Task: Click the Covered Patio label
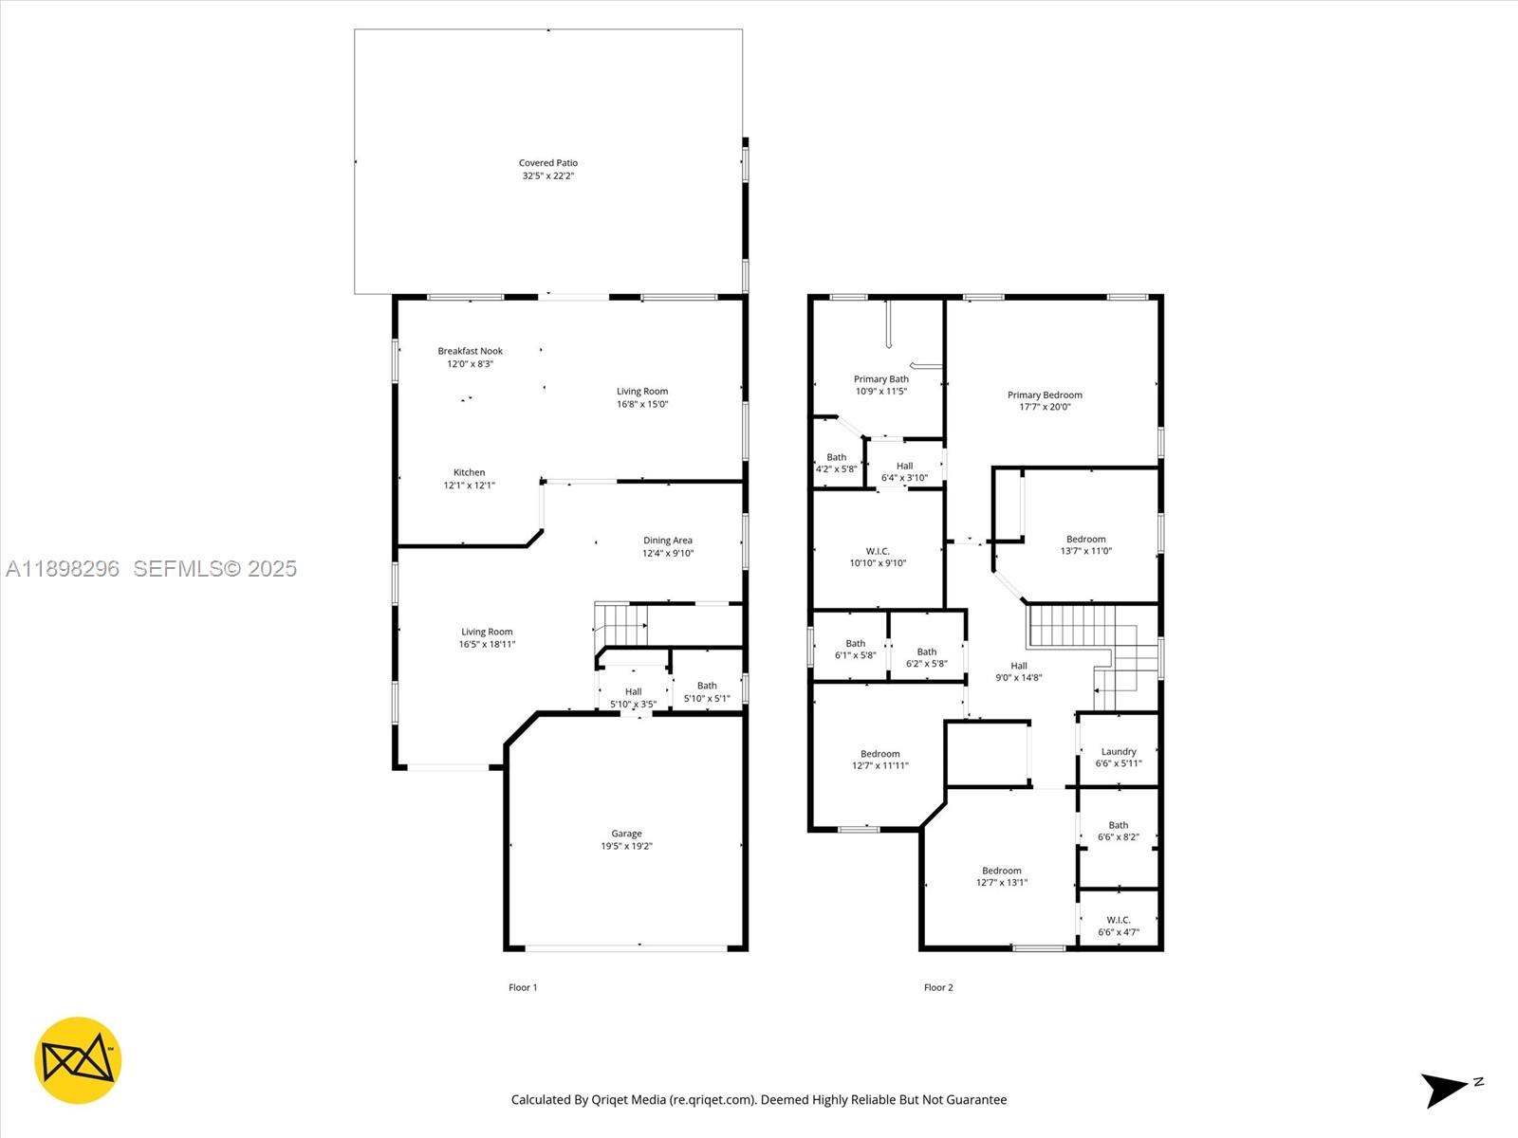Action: [x=548, y=163]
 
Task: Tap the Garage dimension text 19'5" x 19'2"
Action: [x=626, y=846]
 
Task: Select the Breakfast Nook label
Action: [x=470, y=351]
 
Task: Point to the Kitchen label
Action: [x=469, y=472]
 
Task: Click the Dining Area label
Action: [x=668, y=541]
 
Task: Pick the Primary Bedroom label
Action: [x=1045, y=395]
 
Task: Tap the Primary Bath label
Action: [x=880, y=379]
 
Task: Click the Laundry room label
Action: [x=1119, y=751]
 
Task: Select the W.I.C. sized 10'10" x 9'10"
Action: [x=878, y=557]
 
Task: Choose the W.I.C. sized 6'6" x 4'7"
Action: [x=1119, y=926]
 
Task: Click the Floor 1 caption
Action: [x=523, y=987]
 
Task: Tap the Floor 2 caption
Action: [x=938, y=987]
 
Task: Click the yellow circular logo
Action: [x=78, y=1060]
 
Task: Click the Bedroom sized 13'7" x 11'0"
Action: [x=1085, y=544]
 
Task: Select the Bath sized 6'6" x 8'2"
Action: [x=1119, y=831]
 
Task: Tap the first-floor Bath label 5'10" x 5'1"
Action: [x=707, y=692]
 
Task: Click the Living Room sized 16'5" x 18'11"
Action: [x=487, y=637]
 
